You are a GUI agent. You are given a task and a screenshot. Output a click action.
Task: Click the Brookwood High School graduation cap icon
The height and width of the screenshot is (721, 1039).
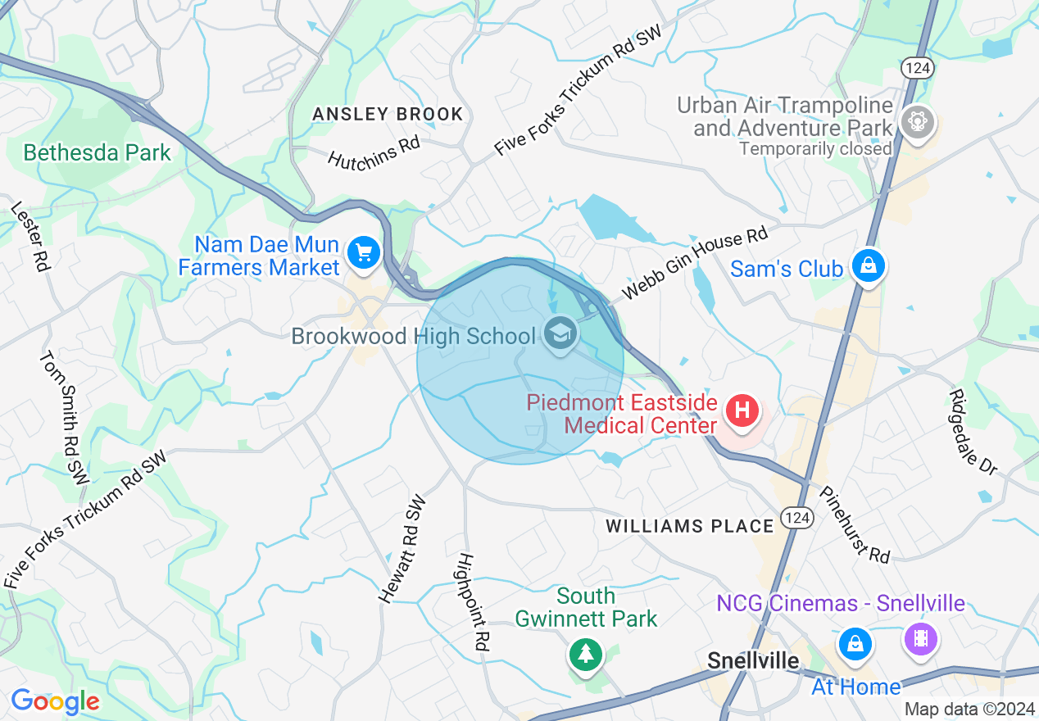coord(560,334)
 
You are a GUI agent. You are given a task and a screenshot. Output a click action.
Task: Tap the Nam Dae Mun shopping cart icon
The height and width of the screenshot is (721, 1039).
coord(364,252)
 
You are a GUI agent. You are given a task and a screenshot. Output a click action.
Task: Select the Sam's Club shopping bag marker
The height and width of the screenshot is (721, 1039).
coord(867,265)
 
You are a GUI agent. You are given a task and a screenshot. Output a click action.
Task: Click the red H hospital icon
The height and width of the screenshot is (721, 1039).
coord(743,410)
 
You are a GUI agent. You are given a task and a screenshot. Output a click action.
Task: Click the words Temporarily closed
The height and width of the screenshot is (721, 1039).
coord(815,149)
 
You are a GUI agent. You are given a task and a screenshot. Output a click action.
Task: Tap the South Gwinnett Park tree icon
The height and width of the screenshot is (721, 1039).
coord(585,654)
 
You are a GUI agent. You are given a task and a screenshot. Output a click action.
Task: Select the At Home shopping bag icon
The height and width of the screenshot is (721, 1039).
coord(855,642)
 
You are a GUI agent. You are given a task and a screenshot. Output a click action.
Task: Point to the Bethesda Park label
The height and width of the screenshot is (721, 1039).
coord(98,152)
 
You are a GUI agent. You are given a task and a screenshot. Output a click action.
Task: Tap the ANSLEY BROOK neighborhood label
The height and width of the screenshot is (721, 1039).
coord(388,114)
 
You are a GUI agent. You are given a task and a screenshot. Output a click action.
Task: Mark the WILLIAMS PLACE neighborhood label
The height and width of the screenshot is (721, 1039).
coord(690,526)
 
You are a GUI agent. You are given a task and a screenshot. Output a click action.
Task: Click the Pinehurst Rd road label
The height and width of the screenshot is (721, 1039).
coord(855,524)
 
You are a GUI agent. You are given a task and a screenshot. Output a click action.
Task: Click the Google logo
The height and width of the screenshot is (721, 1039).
coord(55,701)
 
